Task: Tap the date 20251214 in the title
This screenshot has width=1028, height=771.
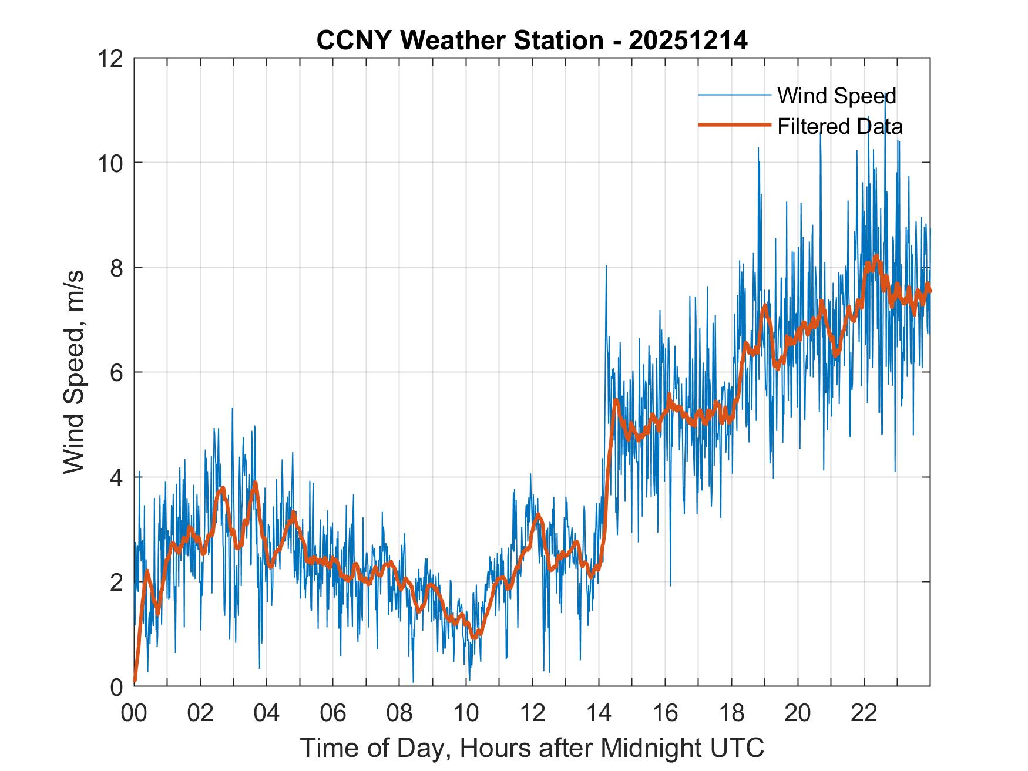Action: point(688,41)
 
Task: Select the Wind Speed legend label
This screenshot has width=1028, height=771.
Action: point(836,96)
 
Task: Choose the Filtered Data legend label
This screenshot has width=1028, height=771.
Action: point(839,126)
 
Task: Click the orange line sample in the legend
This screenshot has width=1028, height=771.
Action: point(734,125)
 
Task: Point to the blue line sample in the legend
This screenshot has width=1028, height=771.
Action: point(734,95)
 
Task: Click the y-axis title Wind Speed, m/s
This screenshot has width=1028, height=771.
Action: point(75,372)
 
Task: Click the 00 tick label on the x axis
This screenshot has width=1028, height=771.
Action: point(134,713)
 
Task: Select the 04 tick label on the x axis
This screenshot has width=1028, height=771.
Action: point(267,713)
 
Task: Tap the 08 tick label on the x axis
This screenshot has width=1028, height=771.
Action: point(399,713)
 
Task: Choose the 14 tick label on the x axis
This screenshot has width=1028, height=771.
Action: point(599,713)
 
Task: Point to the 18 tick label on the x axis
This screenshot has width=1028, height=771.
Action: point(731,713)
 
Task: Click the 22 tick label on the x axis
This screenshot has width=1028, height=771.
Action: point(864,713)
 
